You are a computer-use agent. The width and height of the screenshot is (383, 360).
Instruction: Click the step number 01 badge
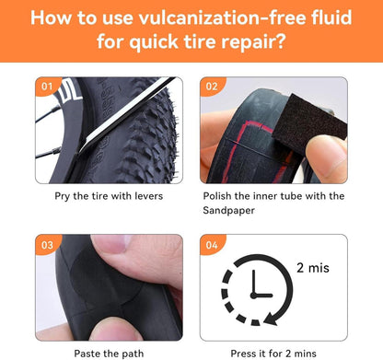(47, 86)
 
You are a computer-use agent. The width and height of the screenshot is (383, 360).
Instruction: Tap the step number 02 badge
(212, 86)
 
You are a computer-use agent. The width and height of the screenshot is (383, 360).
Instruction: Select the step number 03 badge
(47, 245)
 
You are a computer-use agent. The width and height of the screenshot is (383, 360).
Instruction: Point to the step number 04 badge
(212, 245)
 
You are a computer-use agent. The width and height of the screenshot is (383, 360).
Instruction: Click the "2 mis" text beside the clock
(313, 268)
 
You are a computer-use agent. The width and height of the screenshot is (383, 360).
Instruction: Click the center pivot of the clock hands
(253, 296)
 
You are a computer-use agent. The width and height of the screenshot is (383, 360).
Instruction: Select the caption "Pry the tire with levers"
(109, 196)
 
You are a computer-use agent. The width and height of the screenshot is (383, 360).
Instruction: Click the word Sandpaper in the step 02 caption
(228, 211)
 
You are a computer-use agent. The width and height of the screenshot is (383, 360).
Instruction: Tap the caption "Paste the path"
(109, 354)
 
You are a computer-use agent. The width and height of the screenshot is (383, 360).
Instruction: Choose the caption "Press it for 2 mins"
(273, 354)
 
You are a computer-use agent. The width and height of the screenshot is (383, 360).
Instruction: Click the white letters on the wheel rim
(70, 91)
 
